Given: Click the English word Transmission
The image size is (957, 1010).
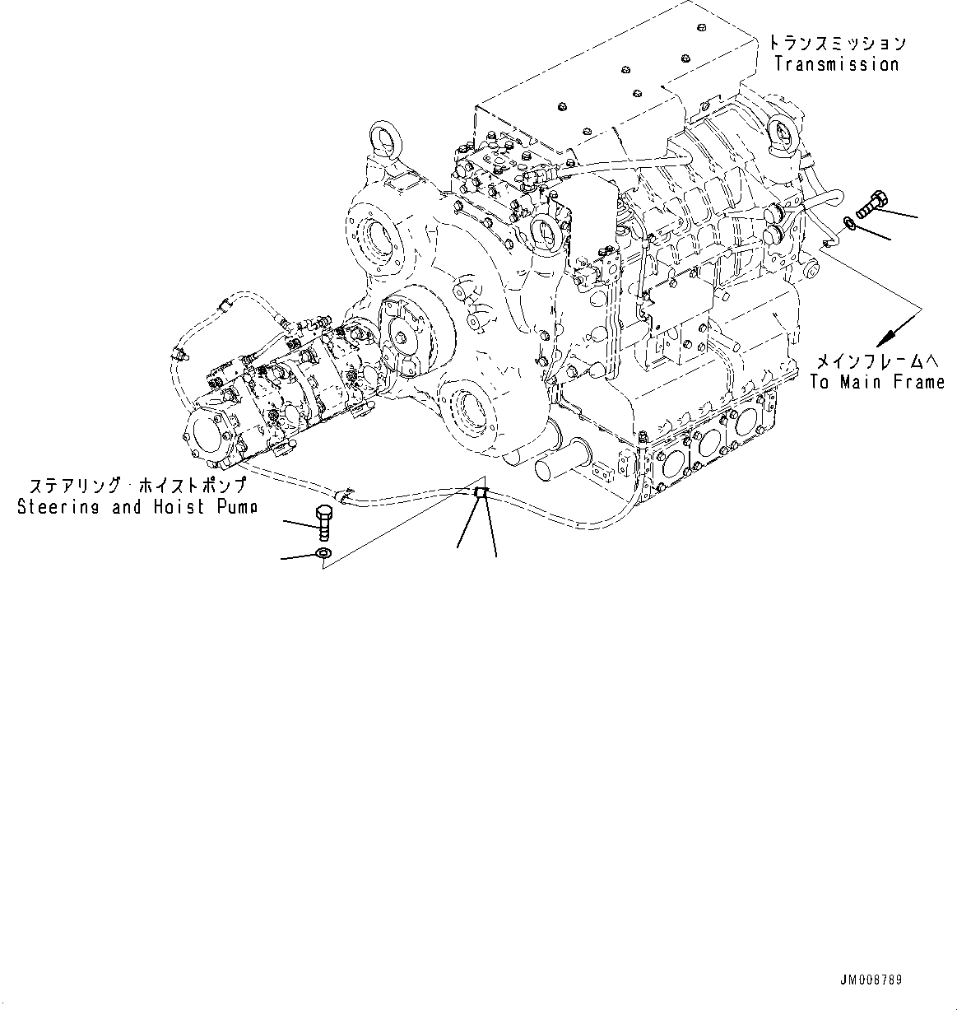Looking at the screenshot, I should pyautogui.click(x=836, y=64).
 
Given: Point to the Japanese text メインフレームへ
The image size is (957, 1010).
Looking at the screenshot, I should pyautogui.click(x=877, y=361).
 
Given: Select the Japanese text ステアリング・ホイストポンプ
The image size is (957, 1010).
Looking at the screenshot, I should pyautogui.click(x=137, y=486).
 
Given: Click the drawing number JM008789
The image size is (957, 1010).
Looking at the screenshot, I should pyautogui.click(x=871, y=980).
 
